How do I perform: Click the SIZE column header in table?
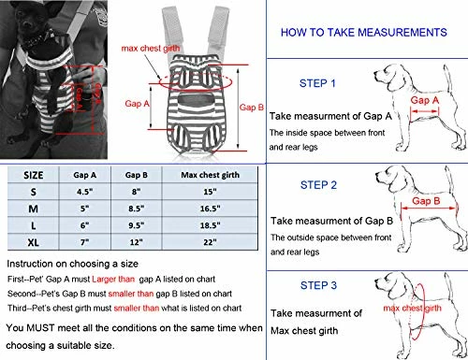[33, 173]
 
